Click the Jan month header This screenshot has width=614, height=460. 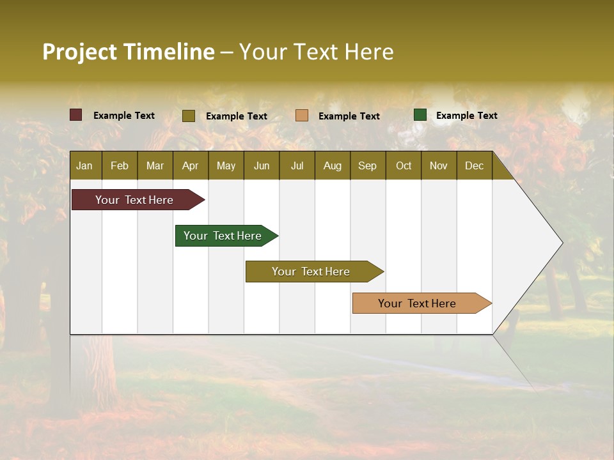point(84,165)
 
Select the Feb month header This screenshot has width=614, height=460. point(120,165)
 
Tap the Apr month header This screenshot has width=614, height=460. point(190,165)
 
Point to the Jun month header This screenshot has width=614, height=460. point(262,165)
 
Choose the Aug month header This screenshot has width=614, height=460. point(332,165)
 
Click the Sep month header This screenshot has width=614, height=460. point(367,165)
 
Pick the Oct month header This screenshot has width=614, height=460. point(404,165)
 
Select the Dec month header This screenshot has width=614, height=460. point(474,165)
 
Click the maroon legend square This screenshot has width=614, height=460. point(76,115)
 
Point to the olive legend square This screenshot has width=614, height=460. point(189,116)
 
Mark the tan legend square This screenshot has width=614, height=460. point(302,116)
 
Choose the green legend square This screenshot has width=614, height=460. point(420,115)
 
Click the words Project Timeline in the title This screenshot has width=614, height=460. point(129,52)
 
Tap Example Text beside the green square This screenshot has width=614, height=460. point(466,115)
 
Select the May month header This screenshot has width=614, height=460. point(226,165)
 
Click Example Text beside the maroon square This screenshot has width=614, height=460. point(124,115)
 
